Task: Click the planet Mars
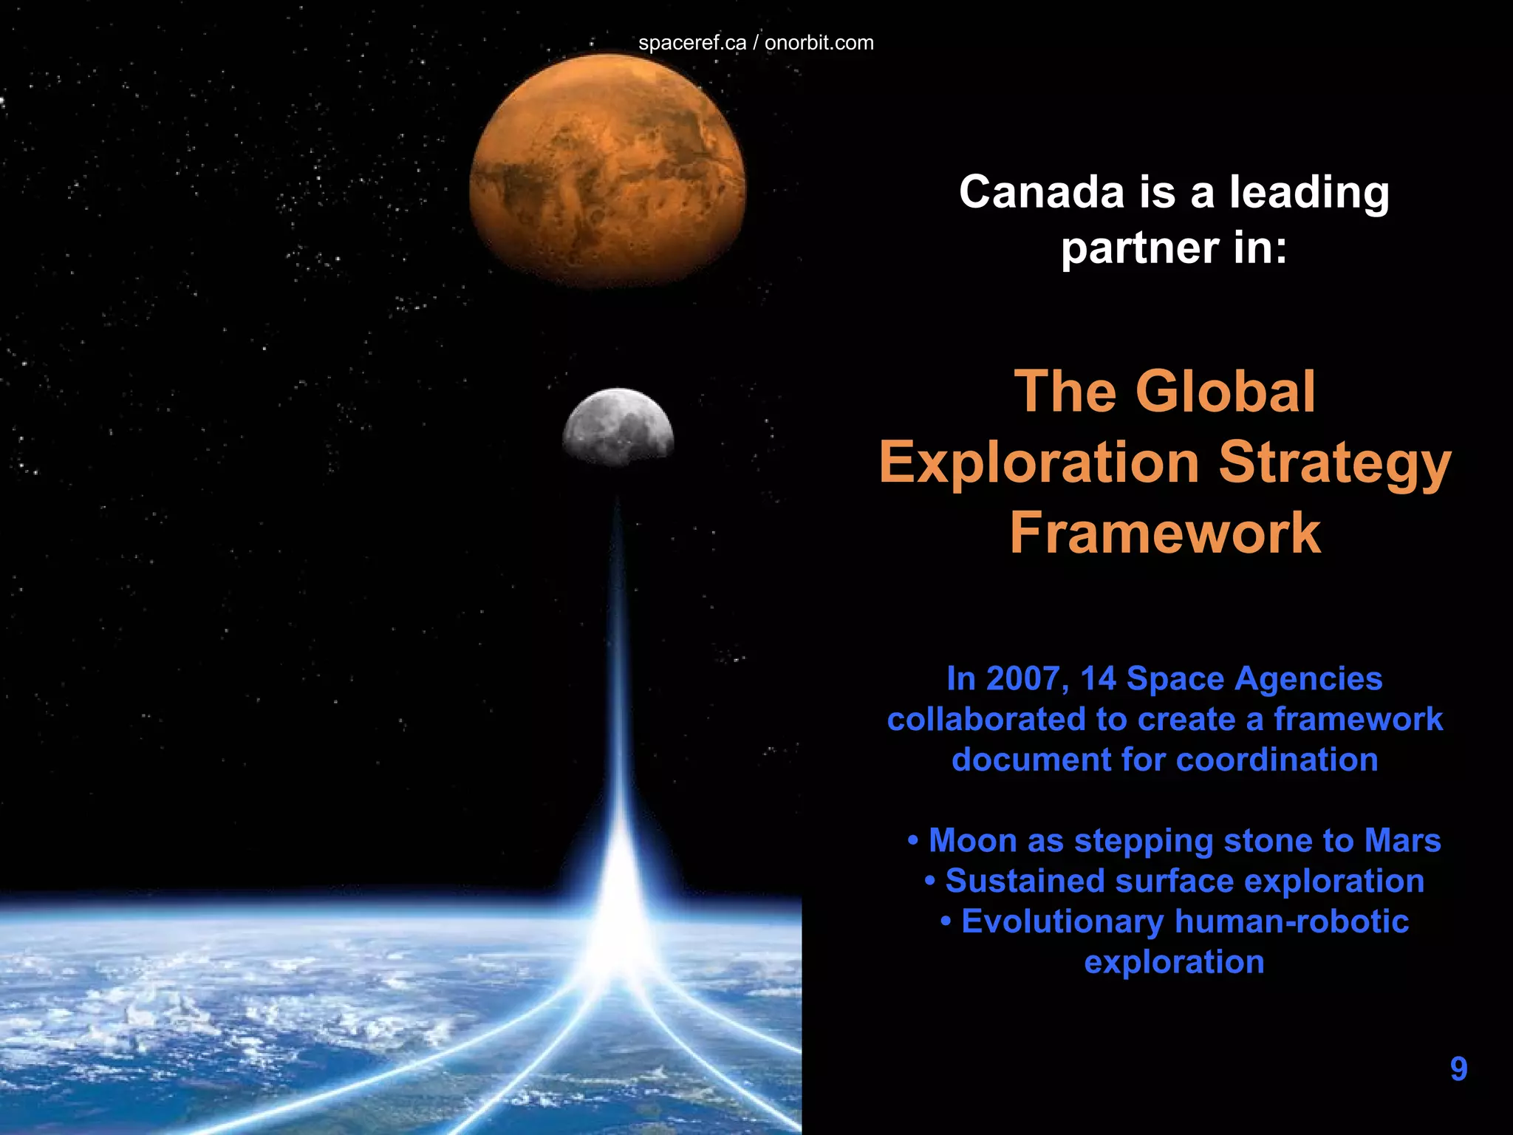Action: (x=607, y=171)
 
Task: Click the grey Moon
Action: (x=618, y=427)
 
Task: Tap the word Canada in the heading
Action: (x=1042, y=192)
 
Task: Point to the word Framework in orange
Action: (x=1165, y=532)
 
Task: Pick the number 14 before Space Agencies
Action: (x=1098, y=678)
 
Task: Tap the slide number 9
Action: (x=1458, y=1068)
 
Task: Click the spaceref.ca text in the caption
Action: (x=691, y=43)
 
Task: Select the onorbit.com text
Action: (x=819, y=43)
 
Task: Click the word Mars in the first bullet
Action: (x=1402, y=840)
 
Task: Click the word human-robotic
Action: (x=1291, y=921)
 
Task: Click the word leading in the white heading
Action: (x=1309, y=194)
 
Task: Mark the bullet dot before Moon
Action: (x=914, y=841)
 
